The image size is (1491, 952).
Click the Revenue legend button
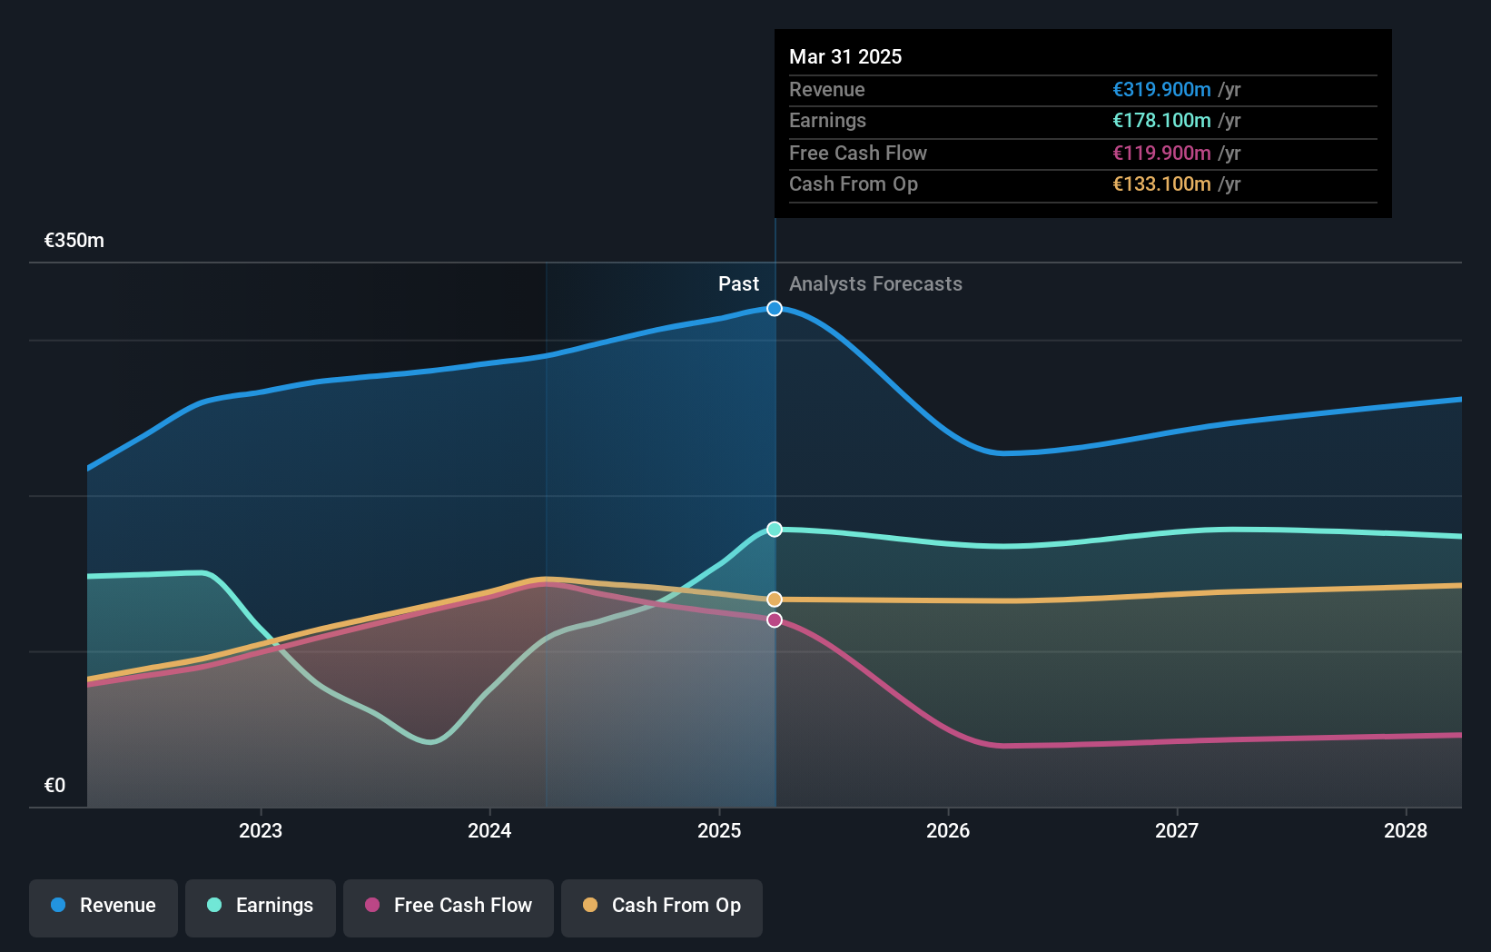pos(104,907)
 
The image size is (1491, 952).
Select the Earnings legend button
pos(261,907)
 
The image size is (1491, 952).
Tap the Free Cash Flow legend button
pos(449,907)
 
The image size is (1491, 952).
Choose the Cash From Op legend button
pos(662,907)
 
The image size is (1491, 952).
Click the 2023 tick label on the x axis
pos(261,830)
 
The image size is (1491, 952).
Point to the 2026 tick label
pos(948,830)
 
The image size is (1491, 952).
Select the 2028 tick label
pos(1406,830)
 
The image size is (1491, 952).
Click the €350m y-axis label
pos(74,241)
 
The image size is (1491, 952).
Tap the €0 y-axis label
pos(55,786)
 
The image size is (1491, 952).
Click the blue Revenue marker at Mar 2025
pos(775,309)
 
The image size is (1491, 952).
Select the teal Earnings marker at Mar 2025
pos(775,530)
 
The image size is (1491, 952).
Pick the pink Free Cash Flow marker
pos(775,620)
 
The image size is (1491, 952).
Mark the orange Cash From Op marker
pos(775,600)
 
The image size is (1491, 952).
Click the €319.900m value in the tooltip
pos(1161,90)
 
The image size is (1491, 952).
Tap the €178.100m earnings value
pos(1161,121)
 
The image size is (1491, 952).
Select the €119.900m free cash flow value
pos(1161,154)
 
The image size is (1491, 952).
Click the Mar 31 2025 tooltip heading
pos(845,57)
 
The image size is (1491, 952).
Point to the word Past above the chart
pos(738,284)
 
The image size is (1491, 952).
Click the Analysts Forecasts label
pos(875,284)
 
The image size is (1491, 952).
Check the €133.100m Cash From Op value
pos(1161,184)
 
